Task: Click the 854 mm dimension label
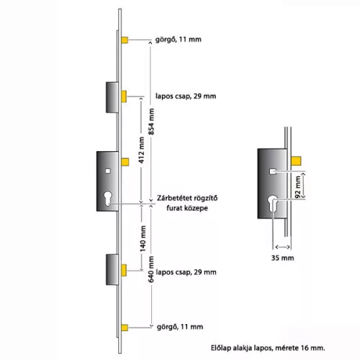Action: [x=151, y=121]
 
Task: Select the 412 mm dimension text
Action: [x=142, y=150]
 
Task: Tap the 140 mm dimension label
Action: [x=143, y=238]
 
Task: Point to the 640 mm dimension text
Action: [x=151, y=269]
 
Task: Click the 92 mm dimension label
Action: [x=297, y=187]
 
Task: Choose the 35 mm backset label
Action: [x=282, y=258]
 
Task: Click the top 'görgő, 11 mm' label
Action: [x=179, y=40]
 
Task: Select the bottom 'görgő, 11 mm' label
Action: [x=180, y=327]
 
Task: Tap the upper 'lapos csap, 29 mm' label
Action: [x=186, y=96]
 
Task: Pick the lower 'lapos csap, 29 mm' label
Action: [x=186, y=272]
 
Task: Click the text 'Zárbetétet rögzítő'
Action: [x=187, y=198]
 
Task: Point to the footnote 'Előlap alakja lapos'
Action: [x=242, y=348]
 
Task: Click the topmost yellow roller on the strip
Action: [x=125, y=40]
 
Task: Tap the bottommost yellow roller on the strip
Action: [x=125, y=328]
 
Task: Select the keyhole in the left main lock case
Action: [x=108, y=198]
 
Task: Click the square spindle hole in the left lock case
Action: [x=108, y=171]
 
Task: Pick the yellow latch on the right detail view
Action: [x=296, y=161]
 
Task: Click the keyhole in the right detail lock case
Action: [x=273, y=204]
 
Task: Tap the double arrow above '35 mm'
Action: [x=282, y=247]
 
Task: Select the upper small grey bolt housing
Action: [x=112, y=97]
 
